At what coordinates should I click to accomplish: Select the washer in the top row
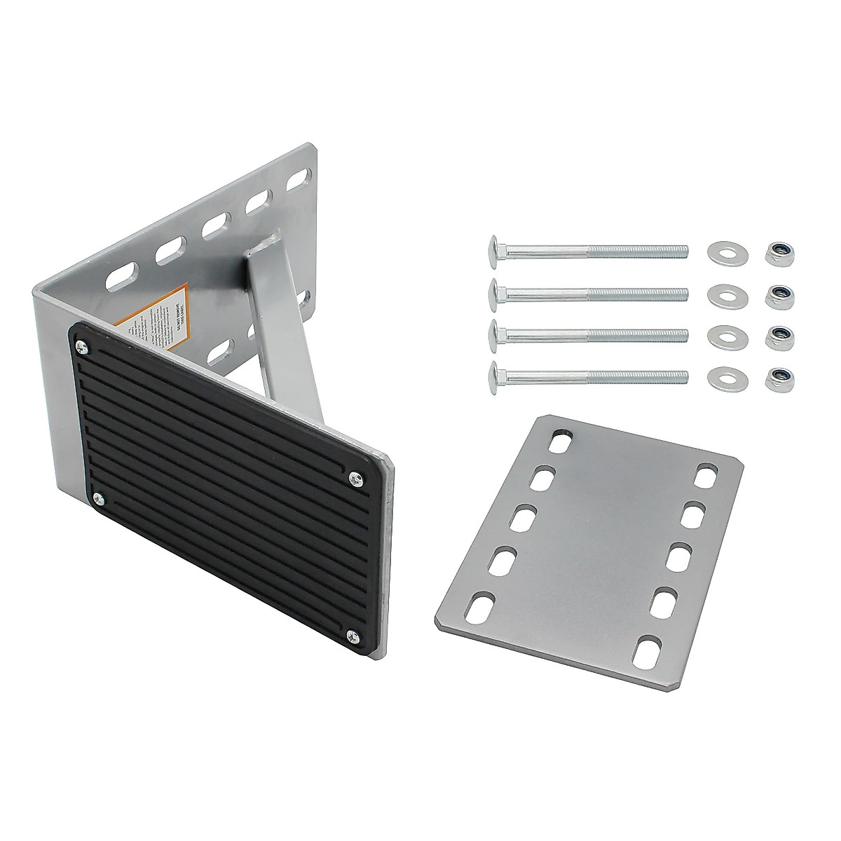click(721, 251)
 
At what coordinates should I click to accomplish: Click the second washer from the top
click(721, 294)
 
